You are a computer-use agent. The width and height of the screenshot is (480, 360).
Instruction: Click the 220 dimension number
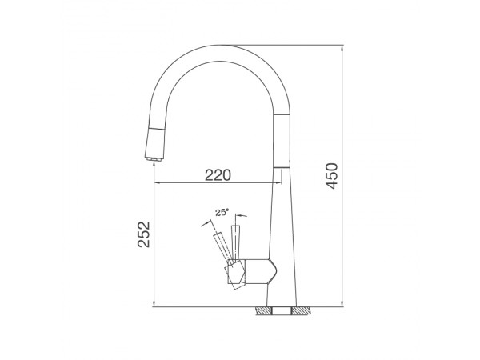click(218, 175)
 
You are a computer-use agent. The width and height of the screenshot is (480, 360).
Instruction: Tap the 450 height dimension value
click(332, 176)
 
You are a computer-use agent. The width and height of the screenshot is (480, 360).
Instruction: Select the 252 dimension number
click(143, 234)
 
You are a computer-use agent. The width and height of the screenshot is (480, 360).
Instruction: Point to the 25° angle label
click(222, 212)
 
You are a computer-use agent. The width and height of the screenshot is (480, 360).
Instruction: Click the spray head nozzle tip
click(154, 159)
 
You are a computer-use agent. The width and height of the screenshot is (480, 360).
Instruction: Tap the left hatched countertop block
click(263, 311)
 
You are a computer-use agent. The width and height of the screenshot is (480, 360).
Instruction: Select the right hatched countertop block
click(302, 311)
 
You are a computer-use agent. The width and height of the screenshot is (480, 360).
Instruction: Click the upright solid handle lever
click(236, 242)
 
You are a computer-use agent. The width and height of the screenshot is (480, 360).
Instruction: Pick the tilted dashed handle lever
click(222, 247)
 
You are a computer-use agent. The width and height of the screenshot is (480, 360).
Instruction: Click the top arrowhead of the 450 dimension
click(342, 48)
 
